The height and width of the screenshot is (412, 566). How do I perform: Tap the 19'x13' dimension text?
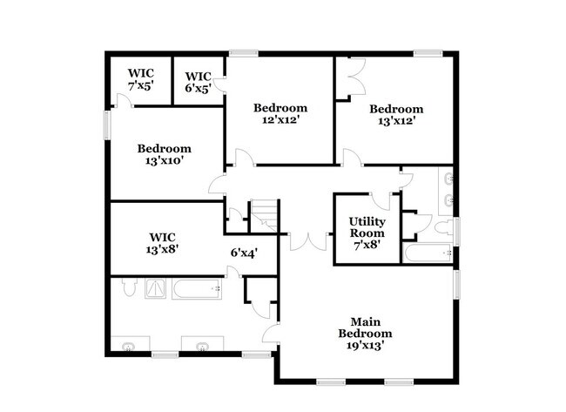click(366, 345)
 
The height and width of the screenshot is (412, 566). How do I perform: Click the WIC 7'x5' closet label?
click(140, 80)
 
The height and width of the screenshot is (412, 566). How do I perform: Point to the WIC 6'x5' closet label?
click(199, 82)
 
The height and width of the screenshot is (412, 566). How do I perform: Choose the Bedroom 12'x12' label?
click(280, 113)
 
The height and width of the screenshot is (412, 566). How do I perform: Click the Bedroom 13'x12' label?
click(395, 115)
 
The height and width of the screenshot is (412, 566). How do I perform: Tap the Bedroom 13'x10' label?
click(164, 154)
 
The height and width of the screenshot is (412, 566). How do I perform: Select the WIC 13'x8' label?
click(164, 242)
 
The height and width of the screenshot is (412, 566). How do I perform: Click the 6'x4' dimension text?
click(244, 253)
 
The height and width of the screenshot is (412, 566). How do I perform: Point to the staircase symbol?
click(264, 216)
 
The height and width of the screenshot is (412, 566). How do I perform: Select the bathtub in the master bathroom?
click(199, 288)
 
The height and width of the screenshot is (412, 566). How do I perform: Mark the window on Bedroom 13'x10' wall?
click(107, 124)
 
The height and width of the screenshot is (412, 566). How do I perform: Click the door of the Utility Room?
click(380, 199)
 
